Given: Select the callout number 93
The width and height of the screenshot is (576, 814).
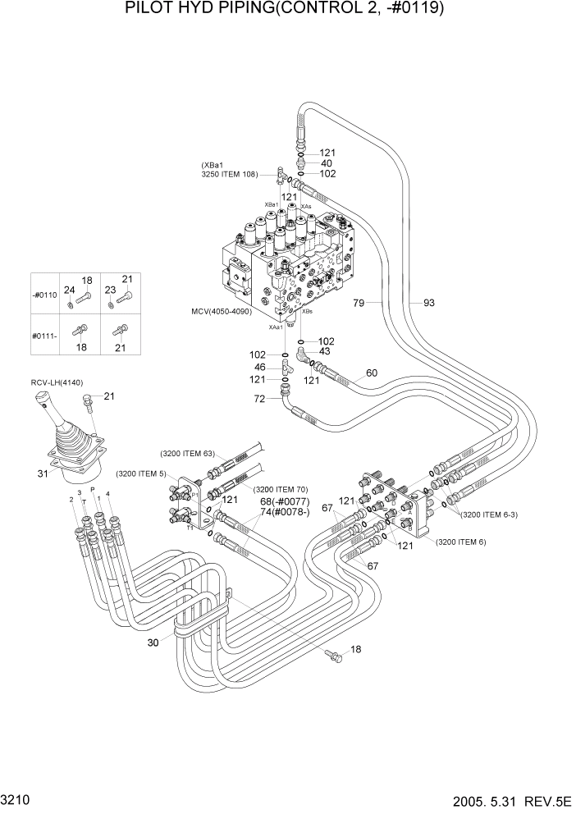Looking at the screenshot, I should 428,304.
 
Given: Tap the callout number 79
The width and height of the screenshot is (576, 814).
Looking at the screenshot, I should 359,304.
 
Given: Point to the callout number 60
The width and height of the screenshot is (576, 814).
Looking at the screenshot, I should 371,373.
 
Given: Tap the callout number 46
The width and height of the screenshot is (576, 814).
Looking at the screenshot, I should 260,367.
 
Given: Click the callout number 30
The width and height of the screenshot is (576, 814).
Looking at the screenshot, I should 153,643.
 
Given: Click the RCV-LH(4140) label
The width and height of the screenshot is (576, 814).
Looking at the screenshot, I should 57,382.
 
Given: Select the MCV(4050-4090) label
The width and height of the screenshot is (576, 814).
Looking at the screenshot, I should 226,312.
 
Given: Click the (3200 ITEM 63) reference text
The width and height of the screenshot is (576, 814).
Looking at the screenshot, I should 188,452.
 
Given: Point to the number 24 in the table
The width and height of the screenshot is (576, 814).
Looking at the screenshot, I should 69,290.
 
